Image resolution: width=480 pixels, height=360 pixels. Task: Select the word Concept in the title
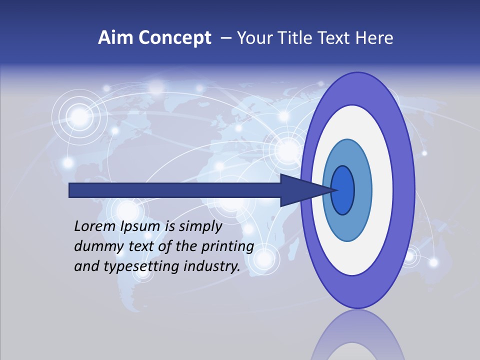[174, 38]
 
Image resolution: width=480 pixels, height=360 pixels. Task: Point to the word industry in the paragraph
[212, 266]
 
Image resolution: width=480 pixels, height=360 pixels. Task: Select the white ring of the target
[382, 190]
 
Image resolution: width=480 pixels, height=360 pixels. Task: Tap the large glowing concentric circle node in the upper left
[79, 116]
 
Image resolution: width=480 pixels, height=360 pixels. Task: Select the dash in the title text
[225, 38]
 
